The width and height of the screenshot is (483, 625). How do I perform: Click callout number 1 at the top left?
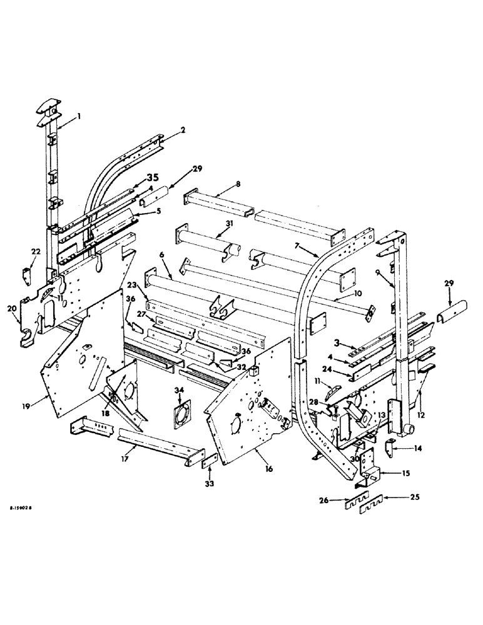coord(79,116)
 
